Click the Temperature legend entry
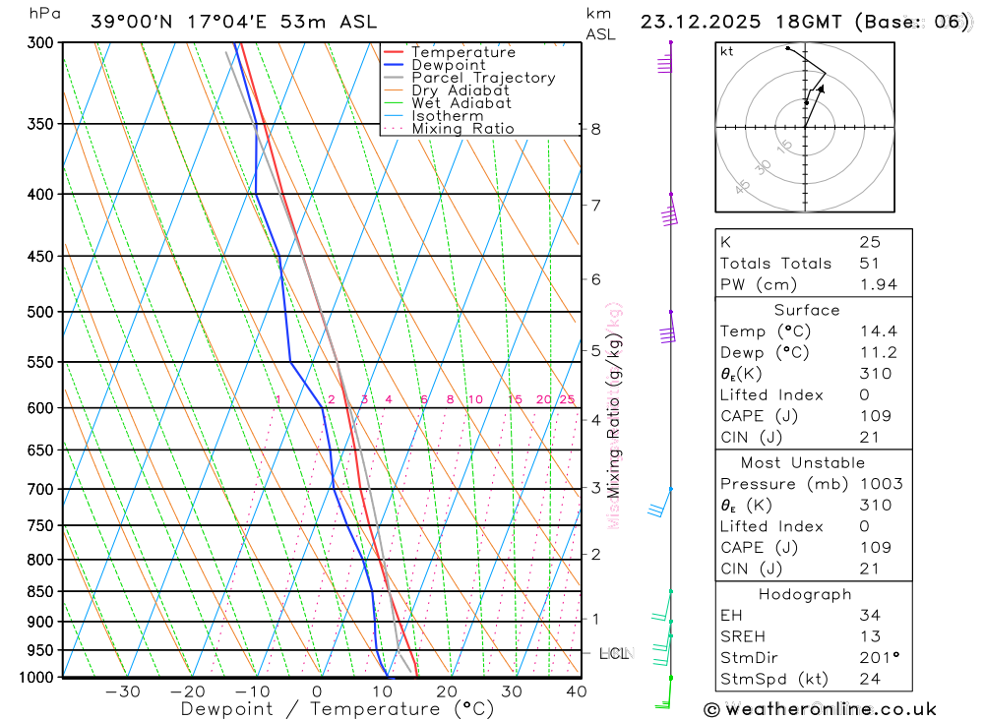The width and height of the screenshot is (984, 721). (462, 52)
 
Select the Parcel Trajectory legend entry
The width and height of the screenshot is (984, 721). (483, 78)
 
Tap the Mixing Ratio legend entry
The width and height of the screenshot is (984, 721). (462, 129)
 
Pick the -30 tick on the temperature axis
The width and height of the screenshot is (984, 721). (122, 691)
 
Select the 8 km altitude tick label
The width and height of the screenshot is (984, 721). (595, 129)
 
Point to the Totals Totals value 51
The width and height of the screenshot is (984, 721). (869, 263)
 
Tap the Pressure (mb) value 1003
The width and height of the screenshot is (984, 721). (876, 484)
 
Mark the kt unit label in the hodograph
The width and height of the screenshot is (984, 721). (727, 51)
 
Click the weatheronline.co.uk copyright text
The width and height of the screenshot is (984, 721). (820, 708)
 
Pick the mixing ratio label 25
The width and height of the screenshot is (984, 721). (567, 399)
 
